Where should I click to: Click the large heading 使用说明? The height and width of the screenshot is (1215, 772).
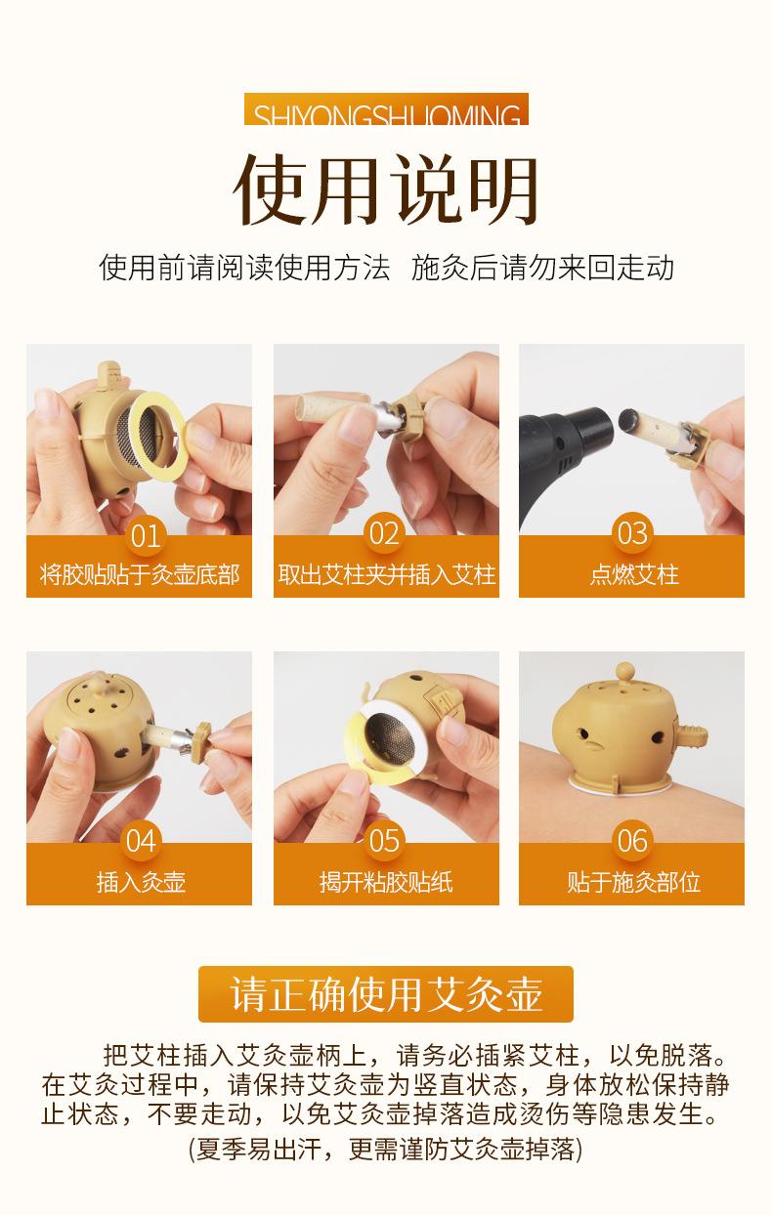[386, 190]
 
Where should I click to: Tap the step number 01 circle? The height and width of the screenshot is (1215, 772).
[144, 535]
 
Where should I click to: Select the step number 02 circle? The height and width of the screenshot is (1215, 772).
[384, 533]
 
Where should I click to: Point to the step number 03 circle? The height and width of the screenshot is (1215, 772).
[631, 533]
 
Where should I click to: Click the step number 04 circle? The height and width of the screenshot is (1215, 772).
[141, 841]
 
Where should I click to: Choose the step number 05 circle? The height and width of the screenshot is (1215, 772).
[384, 841]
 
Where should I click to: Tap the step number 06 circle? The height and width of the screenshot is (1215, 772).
[631, 841]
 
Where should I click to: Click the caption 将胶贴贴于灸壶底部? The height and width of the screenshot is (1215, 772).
[139, 574]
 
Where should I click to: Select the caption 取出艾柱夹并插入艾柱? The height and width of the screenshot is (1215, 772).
[386, 574]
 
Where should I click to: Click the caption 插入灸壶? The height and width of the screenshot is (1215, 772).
[141, 882]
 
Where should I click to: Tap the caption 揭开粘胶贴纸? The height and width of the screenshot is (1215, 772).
[386, 882]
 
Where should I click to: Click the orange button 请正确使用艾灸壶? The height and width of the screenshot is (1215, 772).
[386, 994]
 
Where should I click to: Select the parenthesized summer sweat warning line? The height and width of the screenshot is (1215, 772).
[386, 1149]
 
